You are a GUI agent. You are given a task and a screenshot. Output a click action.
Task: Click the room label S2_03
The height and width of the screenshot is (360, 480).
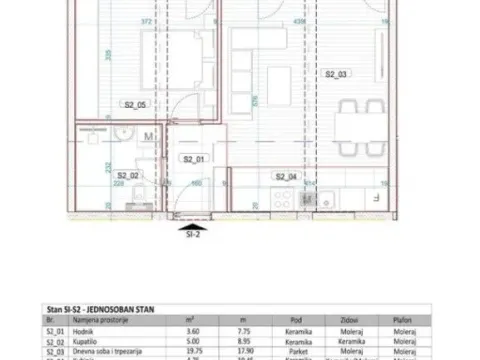[336, 75]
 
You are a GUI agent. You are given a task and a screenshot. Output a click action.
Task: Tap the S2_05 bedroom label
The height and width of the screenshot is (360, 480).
[136, 104]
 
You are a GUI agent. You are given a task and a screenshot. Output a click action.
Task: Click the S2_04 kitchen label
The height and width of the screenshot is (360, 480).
[286, 177]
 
